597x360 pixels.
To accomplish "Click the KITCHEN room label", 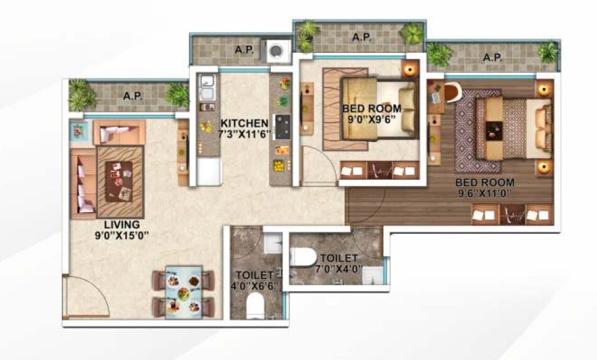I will [x=244, y=123].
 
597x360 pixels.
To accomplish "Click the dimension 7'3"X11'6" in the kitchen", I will [x=244, y=133].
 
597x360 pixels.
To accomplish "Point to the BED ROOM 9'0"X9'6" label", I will [x=371, y=114].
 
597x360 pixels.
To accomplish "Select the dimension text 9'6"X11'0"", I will [x=485, y=194].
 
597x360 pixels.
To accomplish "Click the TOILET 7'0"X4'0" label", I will [x=339, y=263].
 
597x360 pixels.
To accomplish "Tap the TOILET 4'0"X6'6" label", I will [x=254, y=280].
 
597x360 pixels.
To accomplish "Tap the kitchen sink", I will [x=206, y=88].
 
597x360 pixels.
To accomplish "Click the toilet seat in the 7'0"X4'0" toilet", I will [x=303, y=258].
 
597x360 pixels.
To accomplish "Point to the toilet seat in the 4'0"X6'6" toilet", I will [x=256, y=306].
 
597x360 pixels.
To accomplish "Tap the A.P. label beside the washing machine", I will [x=244, y=50].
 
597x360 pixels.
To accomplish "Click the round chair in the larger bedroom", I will [x=451, y=91].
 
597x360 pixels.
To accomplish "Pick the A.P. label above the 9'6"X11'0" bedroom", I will [x=493, y=57].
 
